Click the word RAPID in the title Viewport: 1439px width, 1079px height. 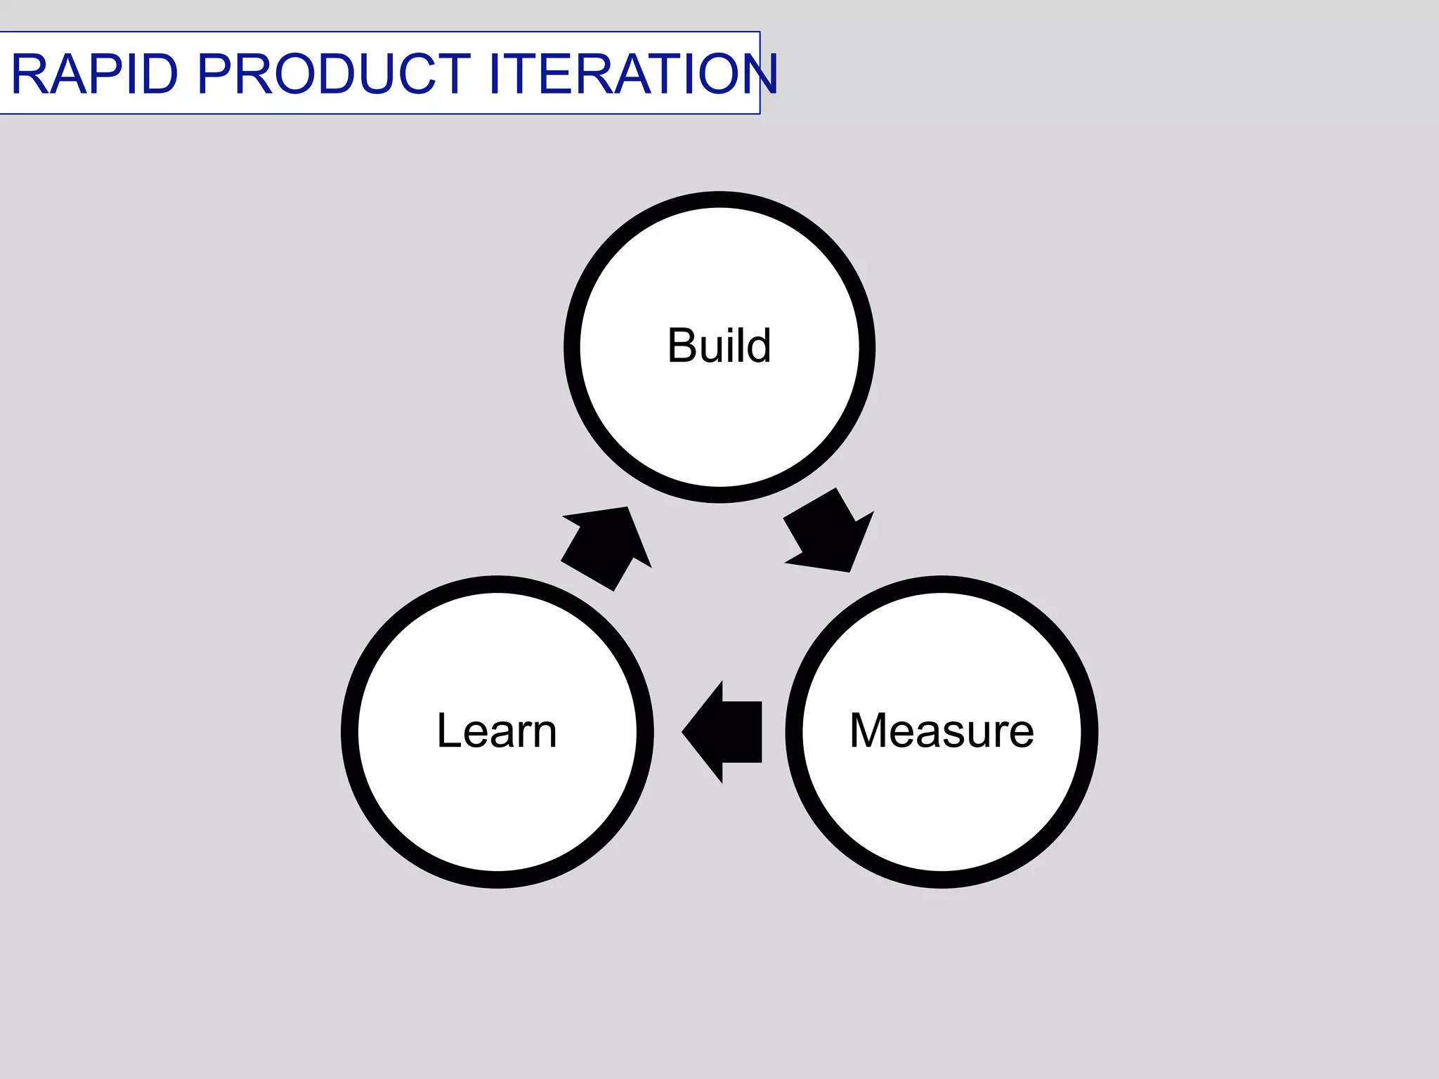tap(94, 74)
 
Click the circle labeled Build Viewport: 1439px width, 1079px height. tap(719, 421)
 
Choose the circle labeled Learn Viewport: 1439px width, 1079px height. tap(497, 808)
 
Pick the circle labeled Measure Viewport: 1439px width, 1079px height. tap(942, 808)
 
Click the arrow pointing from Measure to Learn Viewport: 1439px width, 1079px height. tap(724, 732)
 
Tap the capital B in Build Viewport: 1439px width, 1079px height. tap(681, 346)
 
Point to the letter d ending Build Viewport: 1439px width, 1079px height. tap(759, 346)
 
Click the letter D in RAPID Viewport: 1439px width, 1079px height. tap(158, 74)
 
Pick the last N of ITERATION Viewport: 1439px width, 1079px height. tap(757, 74)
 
